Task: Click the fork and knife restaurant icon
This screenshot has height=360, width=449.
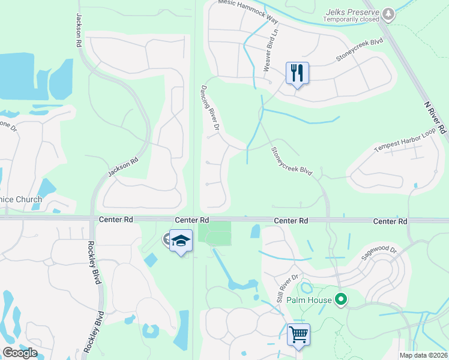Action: pyautogui.click(x=297, y=73)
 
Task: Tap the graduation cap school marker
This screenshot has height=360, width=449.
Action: pyautogui.click(x=181, y=241)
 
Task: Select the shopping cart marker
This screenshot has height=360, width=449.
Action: pyautogui.click(x=298, y=334)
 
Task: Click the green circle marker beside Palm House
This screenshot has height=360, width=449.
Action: pyautogui.click(x=342, y=298)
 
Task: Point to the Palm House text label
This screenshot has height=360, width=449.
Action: pyautogui.click(x=310, y=299)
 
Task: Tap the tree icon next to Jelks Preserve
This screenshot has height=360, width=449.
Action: pyautogui.click(x=389, y=12)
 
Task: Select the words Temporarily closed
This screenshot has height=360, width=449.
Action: pyautogui.click(x=352, y=19)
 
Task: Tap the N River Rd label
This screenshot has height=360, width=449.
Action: pyautogui.click(x=436, y=117)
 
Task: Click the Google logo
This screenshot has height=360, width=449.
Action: pyautogui.click(x=20, y=353)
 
